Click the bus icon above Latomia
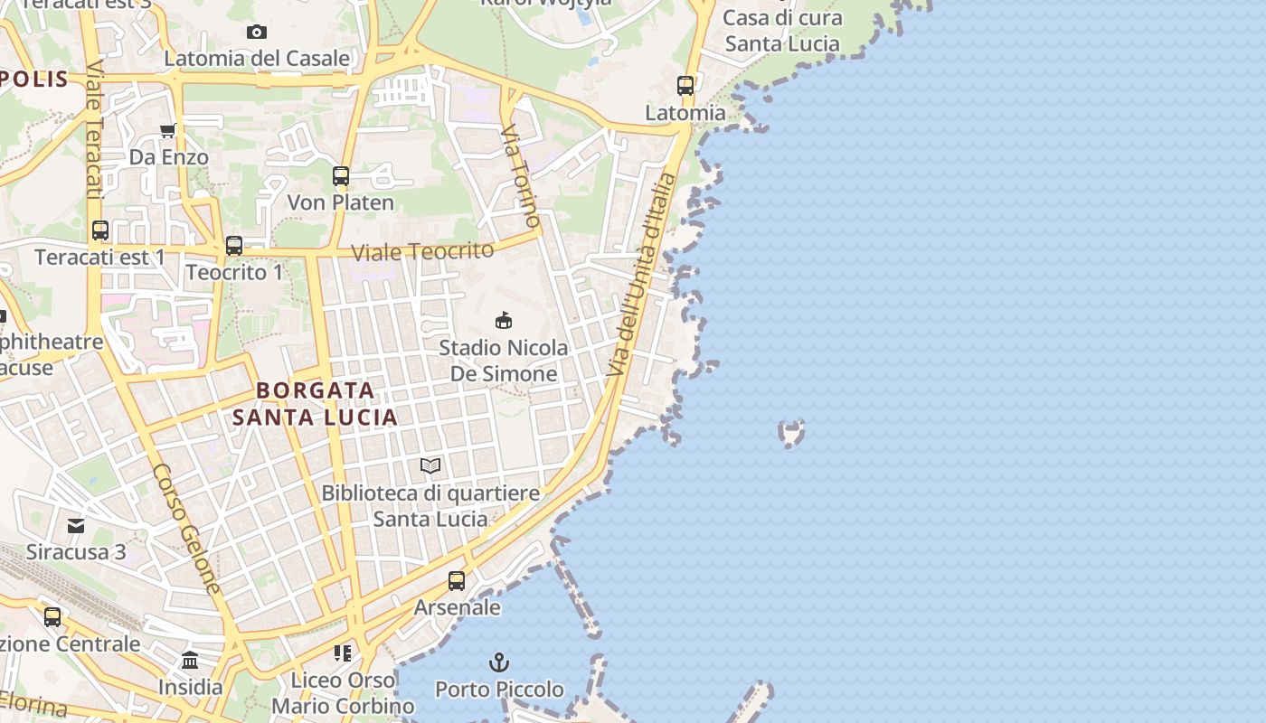click(685, 86)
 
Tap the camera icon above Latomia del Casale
click(257, 32)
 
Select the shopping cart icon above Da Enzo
click(167, 130)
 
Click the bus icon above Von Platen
click(341, 175)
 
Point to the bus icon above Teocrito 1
click(234, 245)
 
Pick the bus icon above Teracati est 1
click(100, 230)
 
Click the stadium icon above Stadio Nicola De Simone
click(504, 320)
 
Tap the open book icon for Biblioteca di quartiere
click(430, 466)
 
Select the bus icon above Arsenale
click(457, 580)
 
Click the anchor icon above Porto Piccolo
click(499, 662)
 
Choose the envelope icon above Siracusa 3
click(76, 525)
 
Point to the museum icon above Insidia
click(190, 661)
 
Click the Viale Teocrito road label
click(422, 251)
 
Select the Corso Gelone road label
click(186, 529)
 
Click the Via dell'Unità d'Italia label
click(642, 275)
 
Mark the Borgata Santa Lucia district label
click(315, 403)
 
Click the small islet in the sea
click(791, 433)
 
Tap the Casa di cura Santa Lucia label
click(782, 30)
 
